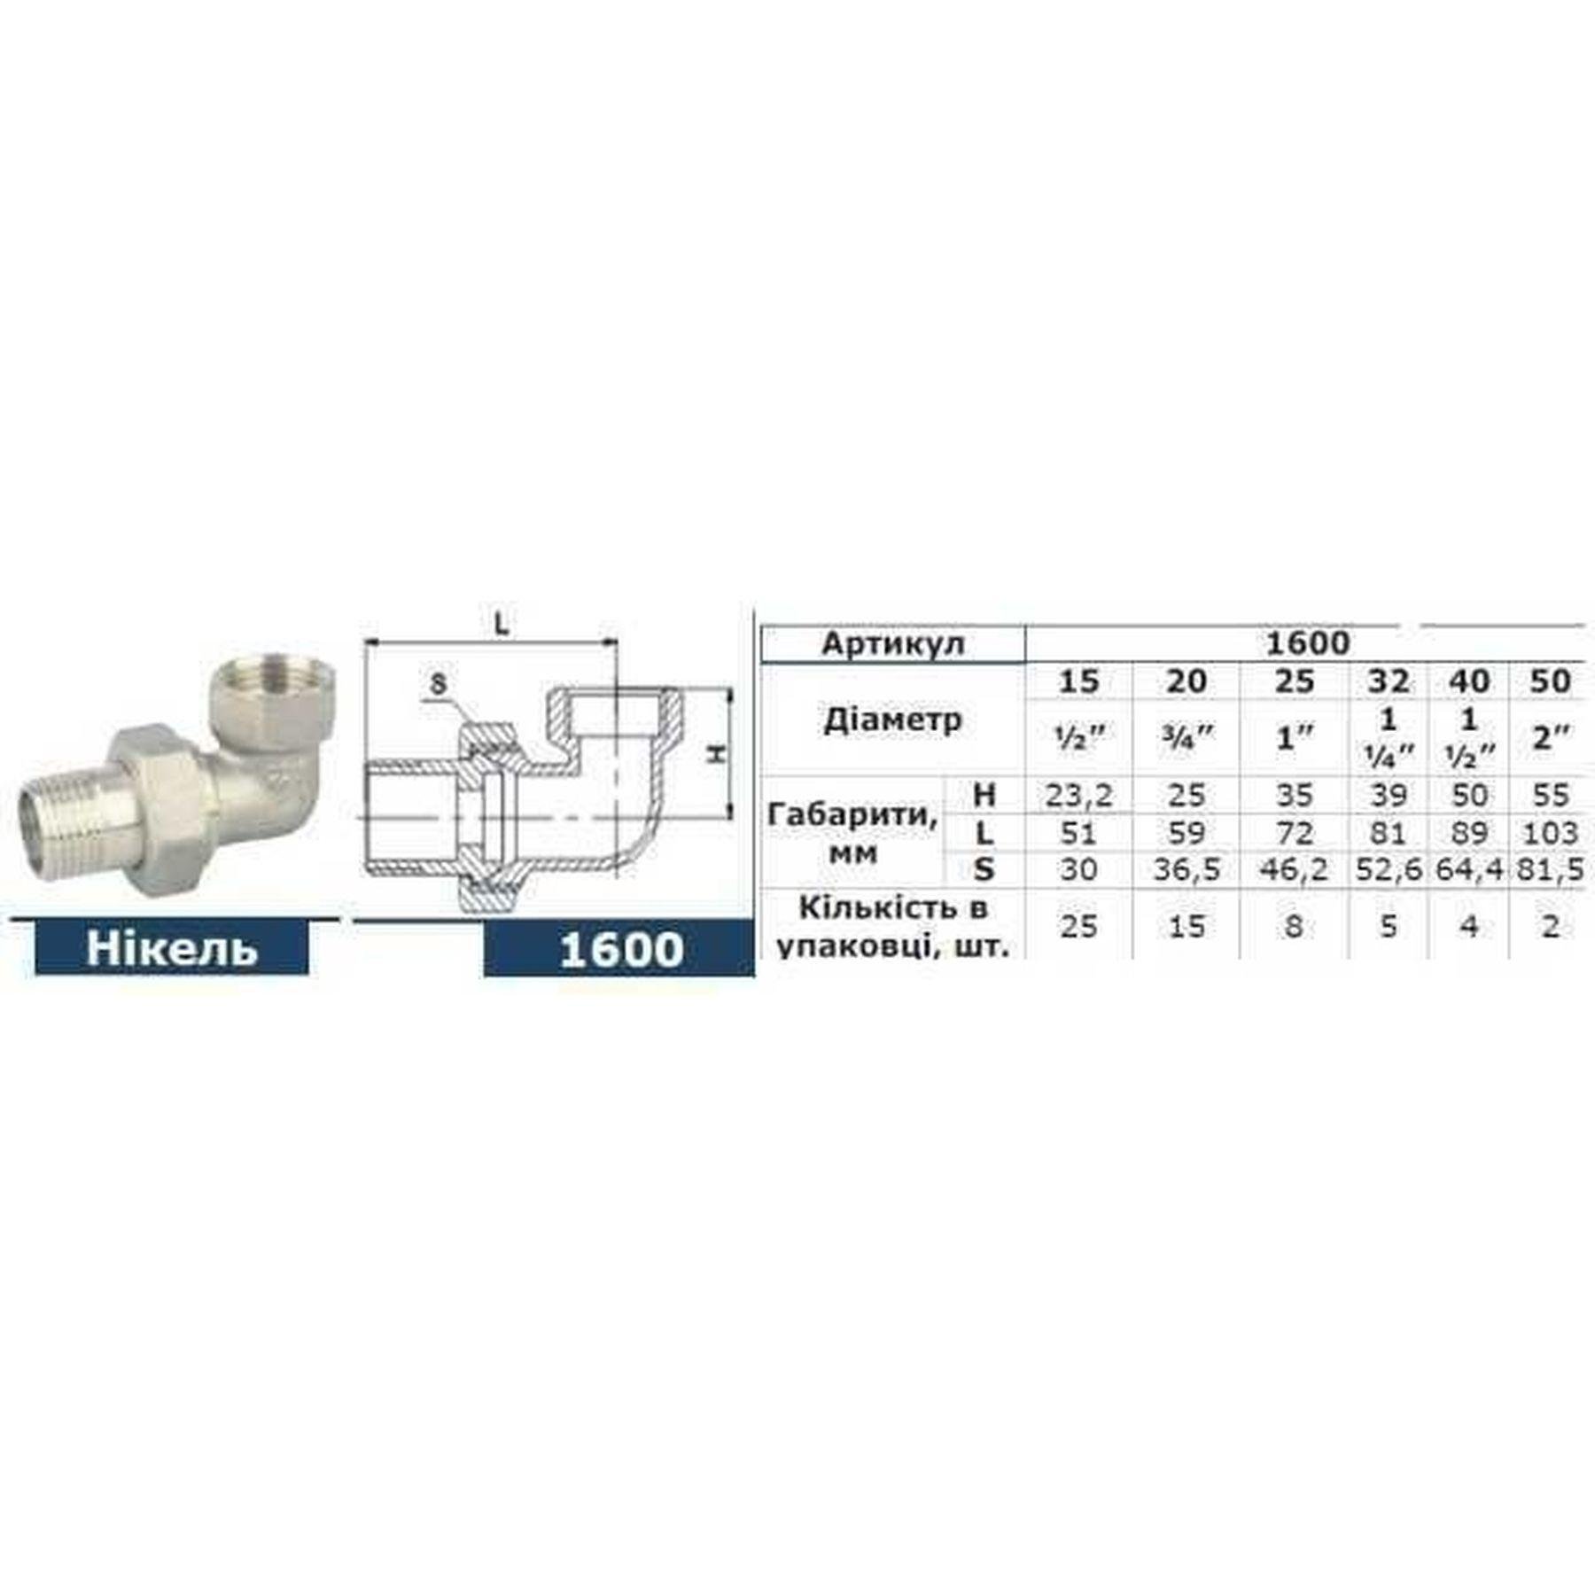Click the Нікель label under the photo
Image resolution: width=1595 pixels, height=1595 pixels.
(x=172, y=948)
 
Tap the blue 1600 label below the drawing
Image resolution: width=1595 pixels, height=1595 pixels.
(x=620, y=949)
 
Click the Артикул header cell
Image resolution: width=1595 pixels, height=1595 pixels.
(x=892, y=643)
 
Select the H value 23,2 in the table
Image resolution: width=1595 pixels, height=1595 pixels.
(x=1078, y=795)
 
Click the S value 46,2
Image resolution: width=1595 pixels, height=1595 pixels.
(x=1294, y=870)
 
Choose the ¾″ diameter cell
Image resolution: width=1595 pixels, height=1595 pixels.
(x=1186, y=737)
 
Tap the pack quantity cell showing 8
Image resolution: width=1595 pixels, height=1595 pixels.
(x=1294, y=926)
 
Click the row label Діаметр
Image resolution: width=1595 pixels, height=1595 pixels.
(x=892, y=720)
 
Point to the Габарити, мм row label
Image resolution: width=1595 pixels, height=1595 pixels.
(x=852, y=833)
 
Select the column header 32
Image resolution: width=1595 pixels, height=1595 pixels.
(x=1388, y=681)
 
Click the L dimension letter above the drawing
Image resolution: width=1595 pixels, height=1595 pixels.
(x=502, y=624)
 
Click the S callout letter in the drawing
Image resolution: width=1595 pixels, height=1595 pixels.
(x=439, y=684)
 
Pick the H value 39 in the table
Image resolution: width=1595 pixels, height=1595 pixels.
(x=1388, y=795)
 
